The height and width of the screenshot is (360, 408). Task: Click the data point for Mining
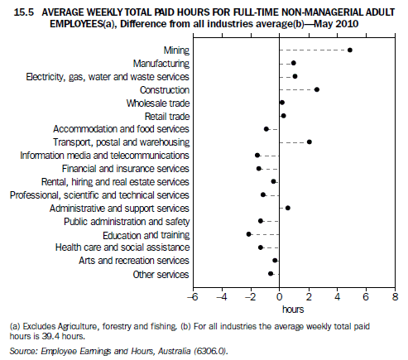(350, 50)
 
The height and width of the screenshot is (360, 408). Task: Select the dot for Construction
(317, 89)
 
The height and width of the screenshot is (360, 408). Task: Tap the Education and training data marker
(248, 234)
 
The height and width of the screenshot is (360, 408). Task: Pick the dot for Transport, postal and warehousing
(310, 142)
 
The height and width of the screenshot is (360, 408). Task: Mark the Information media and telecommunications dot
(257, 155)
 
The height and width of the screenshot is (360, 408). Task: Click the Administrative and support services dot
(288, 208)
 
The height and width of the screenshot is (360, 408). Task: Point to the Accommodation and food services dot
(266, 129)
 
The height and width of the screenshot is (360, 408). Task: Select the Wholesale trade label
(158, 103)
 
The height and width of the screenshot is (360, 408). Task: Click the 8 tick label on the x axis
(396, 296)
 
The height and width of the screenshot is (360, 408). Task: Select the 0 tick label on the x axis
(280, 296)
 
